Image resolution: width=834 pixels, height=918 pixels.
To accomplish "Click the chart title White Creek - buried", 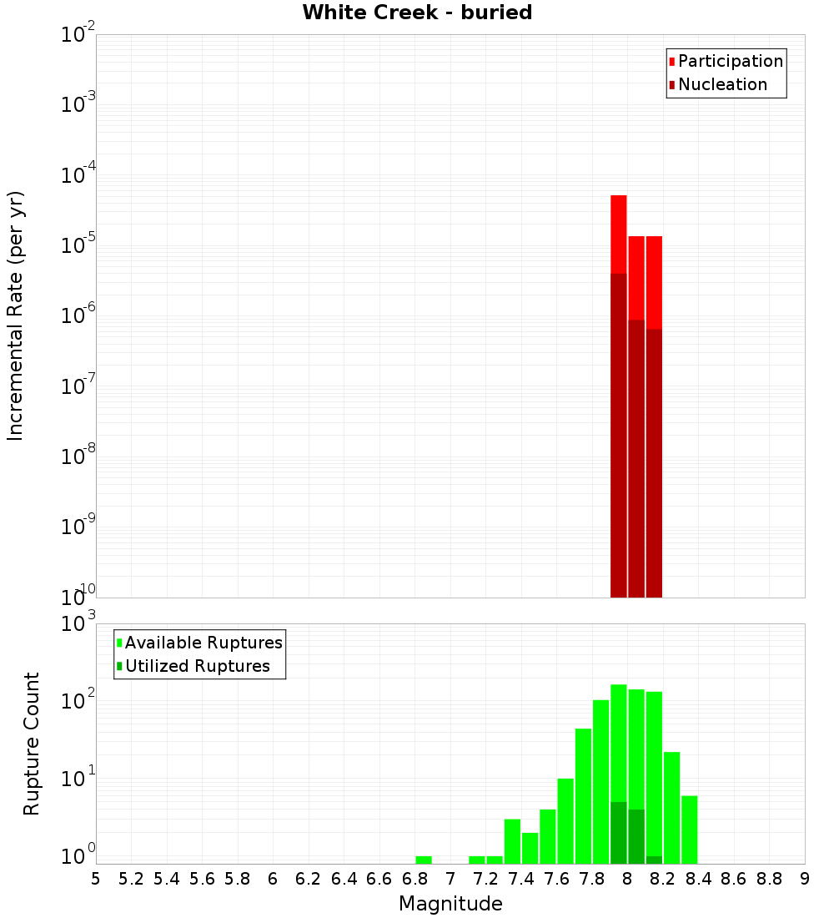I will (x=417, y=13).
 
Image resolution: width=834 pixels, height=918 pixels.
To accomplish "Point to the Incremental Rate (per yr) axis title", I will (x=16, y=315).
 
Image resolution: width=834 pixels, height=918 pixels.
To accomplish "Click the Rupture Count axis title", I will (x=32, y=744).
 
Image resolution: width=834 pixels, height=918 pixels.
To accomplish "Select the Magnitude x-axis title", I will (x=450, y=904).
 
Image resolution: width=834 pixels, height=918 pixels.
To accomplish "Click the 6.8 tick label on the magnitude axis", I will (x=414, y=879).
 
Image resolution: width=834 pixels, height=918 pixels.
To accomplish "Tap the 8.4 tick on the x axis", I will (x=698, y=879).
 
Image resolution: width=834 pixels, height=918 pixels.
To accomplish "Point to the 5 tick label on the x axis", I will (x=96, y=879).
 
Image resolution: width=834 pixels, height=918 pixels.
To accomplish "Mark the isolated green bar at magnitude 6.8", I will (x=424, y=860).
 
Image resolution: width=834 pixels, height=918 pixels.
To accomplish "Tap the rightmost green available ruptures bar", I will (x=689, y=830).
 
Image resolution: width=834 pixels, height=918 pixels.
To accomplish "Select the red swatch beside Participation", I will (x=671, y=62).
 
